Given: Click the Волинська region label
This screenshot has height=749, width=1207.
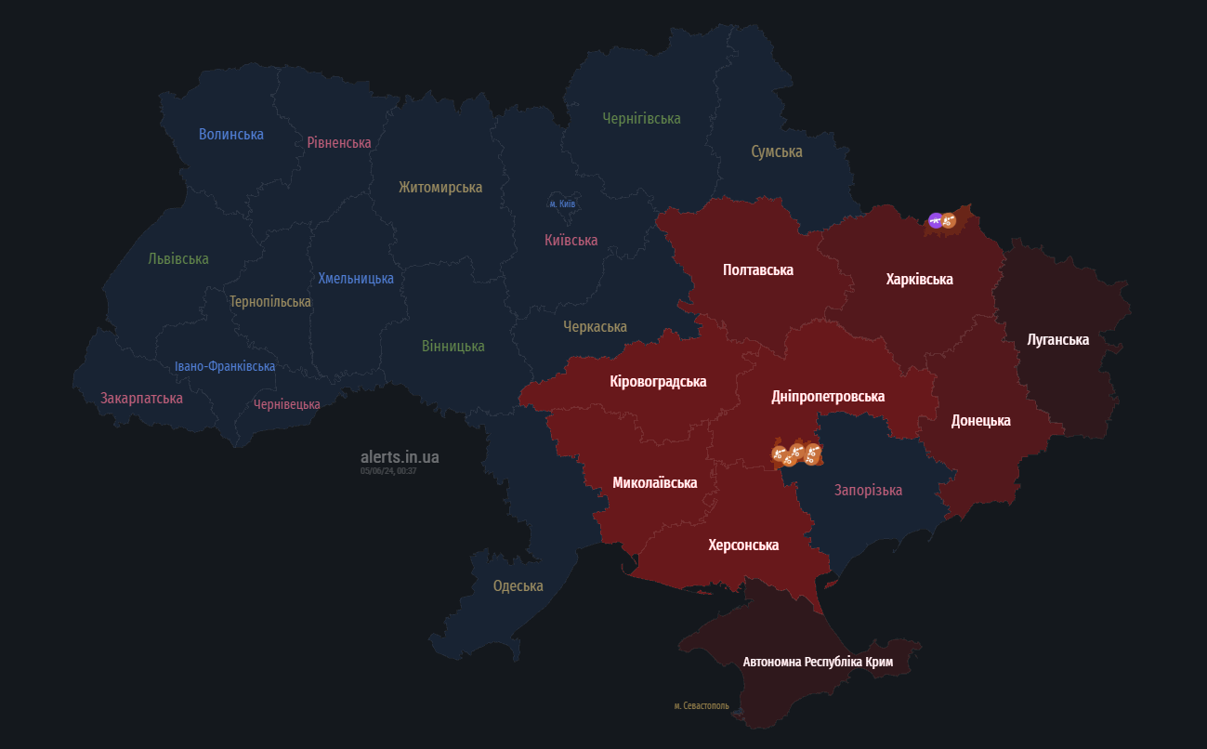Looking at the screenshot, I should pos(231,134).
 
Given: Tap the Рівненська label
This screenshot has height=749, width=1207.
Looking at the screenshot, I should pos(339,142).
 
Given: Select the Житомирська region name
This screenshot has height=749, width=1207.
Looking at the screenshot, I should pos(440,187).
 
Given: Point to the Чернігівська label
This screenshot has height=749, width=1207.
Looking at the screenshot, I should pos(641,118).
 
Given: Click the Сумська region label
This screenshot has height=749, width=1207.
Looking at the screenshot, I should pos(777,151).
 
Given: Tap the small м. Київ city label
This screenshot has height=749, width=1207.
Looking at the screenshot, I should pos(563,204).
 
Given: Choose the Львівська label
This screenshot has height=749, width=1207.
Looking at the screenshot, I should pos(178,258).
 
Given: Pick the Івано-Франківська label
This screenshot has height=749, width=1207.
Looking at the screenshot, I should pos(225,366).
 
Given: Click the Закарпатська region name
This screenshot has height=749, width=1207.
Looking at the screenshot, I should pos(141,398).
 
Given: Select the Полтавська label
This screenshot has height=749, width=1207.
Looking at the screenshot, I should pos(758,269).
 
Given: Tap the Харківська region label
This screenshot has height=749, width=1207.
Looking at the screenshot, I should pos(919,279).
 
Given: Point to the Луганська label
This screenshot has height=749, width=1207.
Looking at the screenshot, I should pos(1057,339).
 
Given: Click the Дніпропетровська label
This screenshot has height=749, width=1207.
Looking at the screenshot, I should pos(828,396).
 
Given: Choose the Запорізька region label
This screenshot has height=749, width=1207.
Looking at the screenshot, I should pos(868,490).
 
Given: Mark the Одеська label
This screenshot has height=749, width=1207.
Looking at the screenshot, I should pos(518,585).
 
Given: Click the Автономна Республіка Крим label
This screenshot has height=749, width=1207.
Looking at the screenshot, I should pos(818,662).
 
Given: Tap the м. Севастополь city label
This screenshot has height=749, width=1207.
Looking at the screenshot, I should pos(702,706).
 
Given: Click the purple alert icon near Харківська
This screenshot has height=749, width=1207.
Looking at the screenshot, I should pos(936,220).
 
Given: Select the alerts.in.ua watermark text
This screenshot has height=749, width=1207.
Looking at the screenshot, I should pos(400,456).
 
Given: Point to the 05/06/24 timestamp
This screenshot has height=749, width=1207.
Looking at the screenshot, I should pos(388,471).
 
